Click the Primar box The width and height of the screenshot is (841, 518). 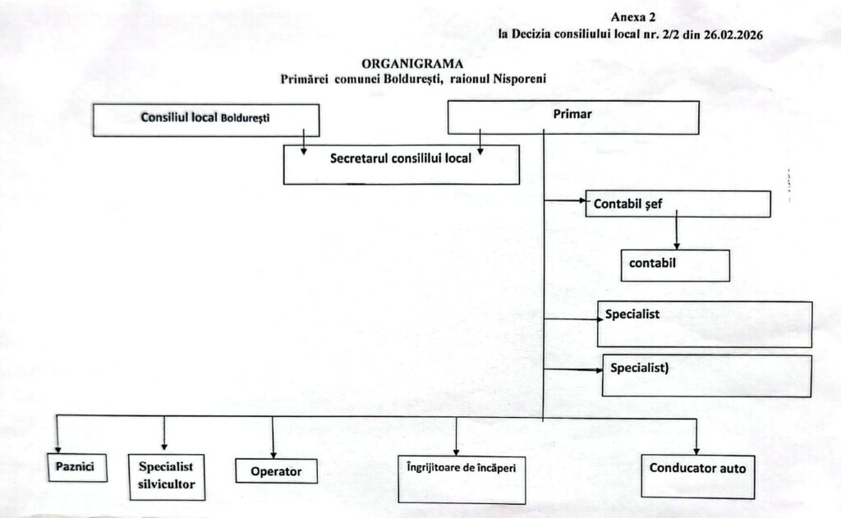pyautogui.click(x=572, y=117)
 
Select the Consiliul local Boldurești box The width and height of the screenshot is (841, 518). pyautogui.click(x=205, y=119)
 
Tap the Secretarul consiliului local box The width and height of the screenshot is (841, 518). pyautogui.click(x=401, y=164)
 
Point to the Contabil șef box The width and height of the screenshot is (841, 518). pyautogui.click(x=678, y=204)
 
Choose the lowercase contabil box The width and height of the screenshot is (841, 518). pyautogui.click(x=675, y=265)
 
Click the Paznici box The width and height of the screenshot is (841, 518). pyautogui.click(x=76, y=466)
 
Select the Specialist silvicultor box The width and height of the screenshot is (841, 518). pyautogui.click(x=166, y=476)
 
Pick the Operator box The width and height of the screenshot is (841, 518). pyautogui.click(x=277, y=470)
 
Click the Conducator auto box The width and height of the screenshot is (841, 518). pyautogui.click(x=696, y=474)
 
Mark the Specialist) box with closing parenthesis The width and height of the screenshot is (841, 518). pyautogui.click(x=706, y=375)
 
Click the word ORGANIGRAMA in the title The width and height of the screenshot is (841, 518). pyautogui.click(x=412, y=63)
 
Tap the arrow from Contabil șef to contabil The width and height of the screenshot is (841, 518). pyautogui.click(x=677, y=233)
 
